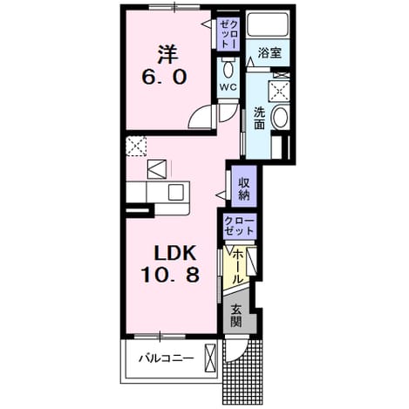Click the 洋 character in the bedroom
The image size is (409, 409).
167,54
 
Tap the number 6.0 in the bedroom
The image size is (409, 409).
164,78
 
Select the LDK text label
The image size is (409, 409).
175,253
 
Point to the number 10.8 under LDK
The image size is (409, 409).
170,275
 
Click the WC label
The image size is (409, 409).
228,87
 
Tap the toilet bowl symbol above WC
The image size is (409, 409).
228,68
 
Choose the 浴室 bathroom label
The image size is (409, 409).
269,53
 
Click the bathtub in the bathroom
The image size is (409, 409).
268,24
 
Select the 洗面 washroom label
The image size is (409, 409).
259,119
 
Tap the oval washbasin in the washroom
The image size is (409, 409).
280,117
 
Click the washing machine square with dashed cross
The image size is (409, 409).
279,92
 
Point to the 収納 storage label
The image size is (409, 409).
244,188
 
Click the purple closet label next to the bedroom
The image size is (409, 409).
229,34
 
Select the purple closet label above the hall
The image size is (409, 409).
240,226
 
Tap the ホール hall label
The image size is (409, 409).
237,267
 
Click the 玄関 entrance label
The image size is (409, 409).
236,317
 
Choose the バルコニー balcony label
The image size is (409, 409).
166,358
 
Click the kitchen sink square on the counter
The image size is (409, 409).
175,192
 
